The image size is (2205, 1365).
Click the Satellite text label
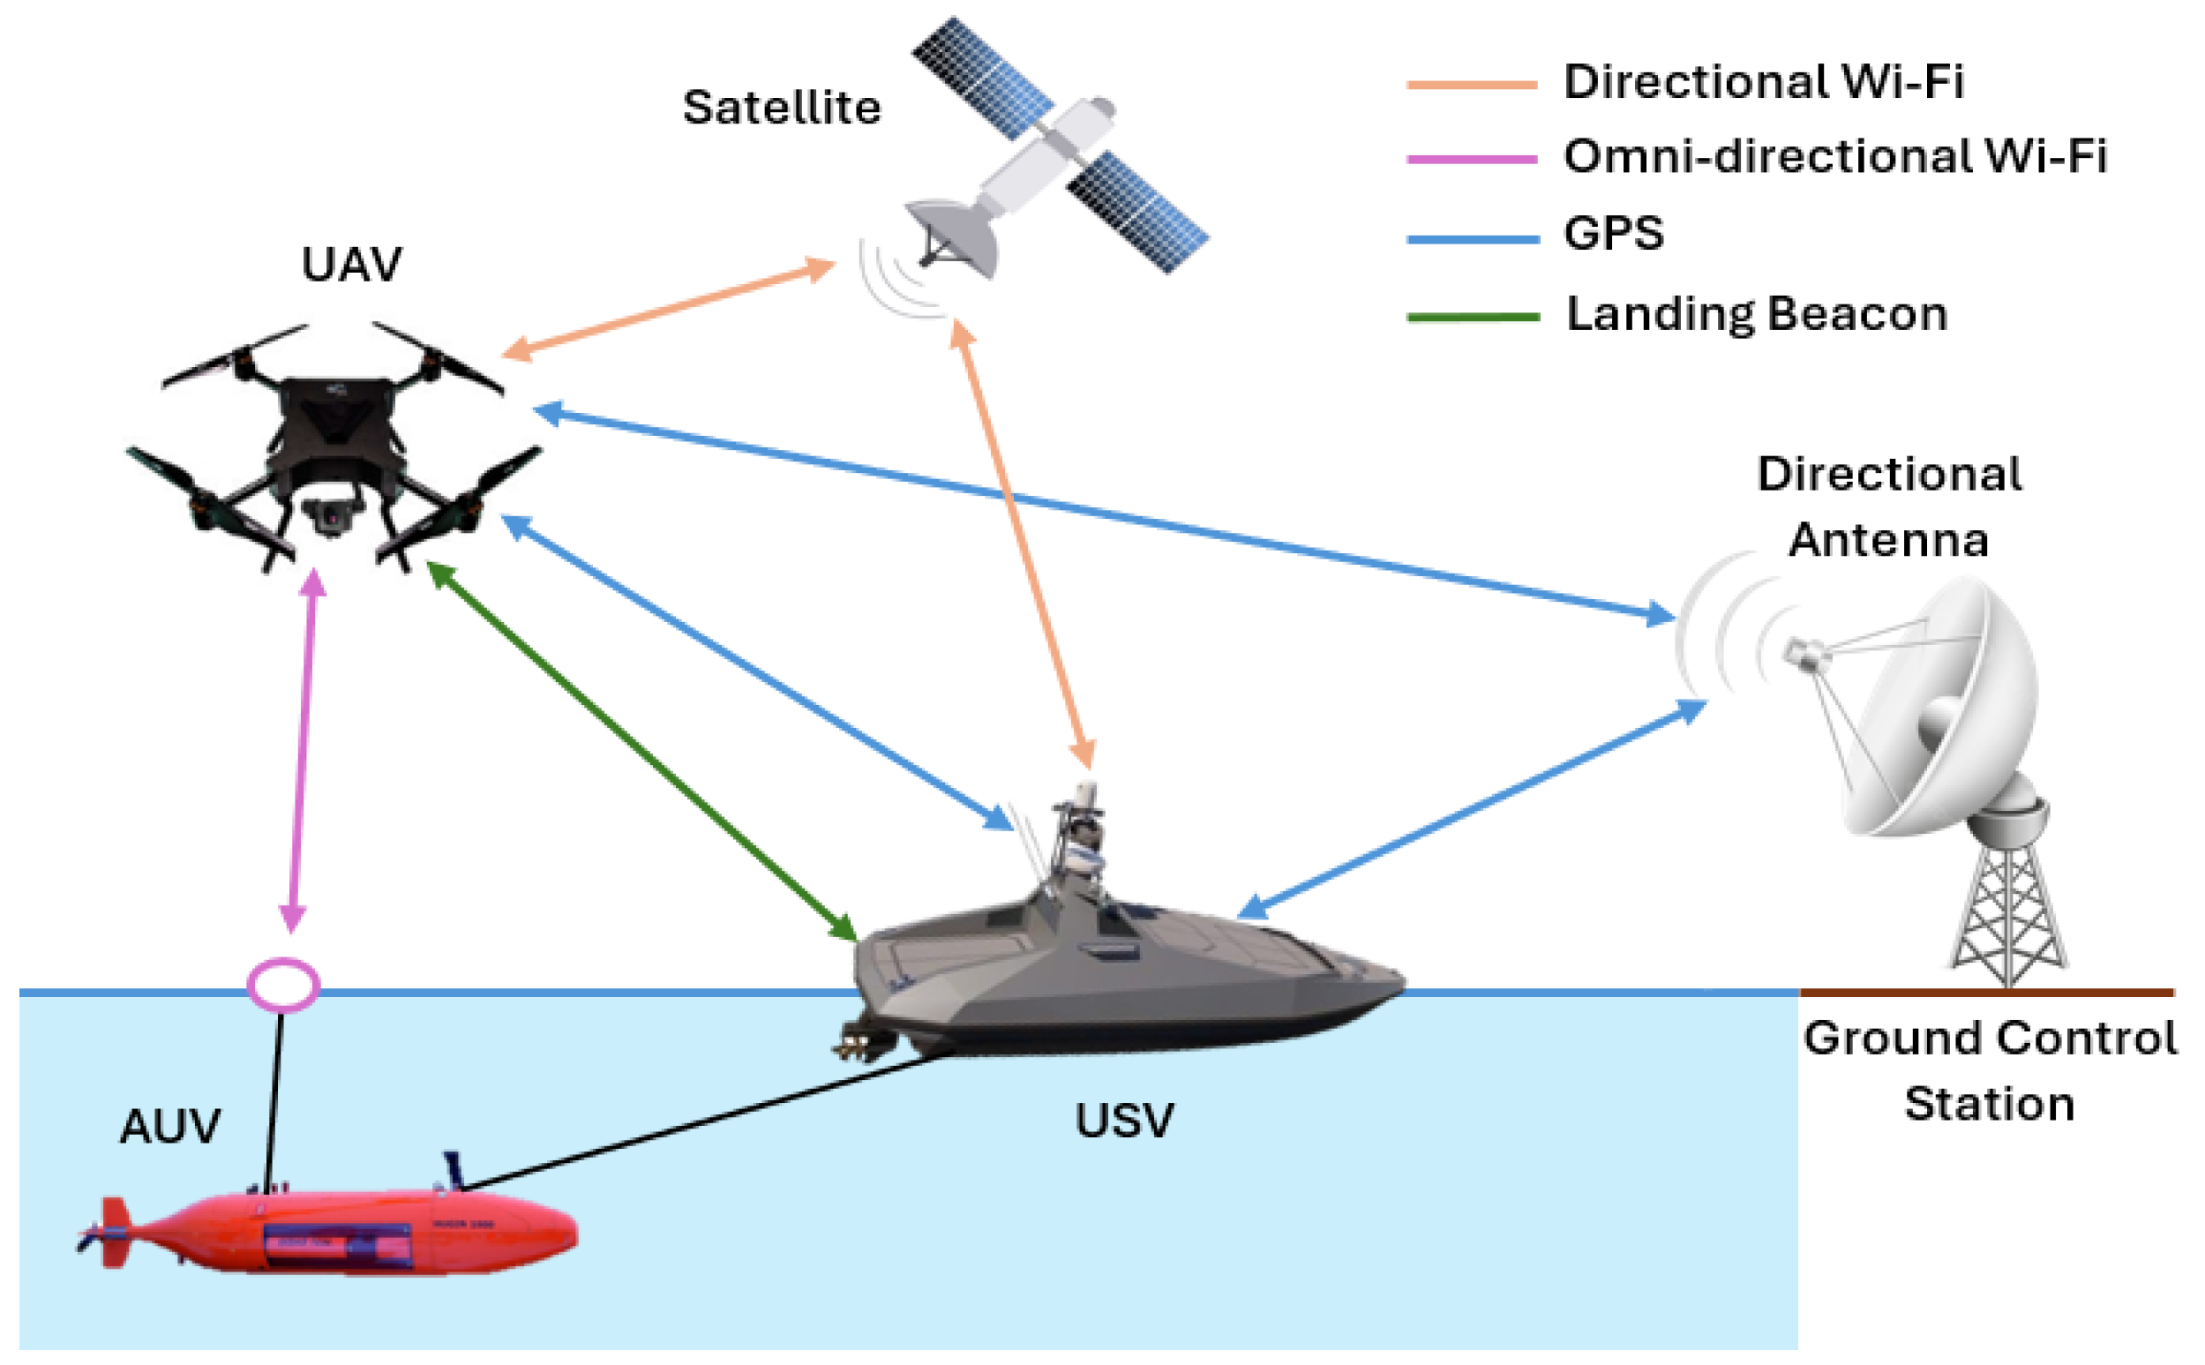[782, 109]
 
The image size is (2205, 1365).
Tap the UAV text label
[351, 265]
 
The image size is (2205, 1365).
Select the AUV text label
[169, 1127]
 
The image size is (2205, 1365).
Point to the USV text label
[1124, 1121]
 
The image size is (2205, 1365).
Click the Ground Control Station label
[1990, 1070]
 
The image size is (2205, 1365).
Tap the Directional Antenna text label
[1889, 507]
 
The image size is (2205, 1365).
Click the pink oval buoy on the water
[282, 984]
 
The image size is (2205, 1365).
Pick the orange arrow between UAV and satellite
[668, 309]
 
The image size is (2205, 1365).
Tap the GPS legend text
[1613, 234]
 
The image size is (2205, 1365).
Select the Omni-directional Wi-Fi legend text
[1834, 157]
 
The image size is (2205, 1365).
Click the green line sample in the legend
[1472, 317]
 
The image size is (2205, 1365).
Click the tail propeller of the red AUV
[91, 1238]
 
